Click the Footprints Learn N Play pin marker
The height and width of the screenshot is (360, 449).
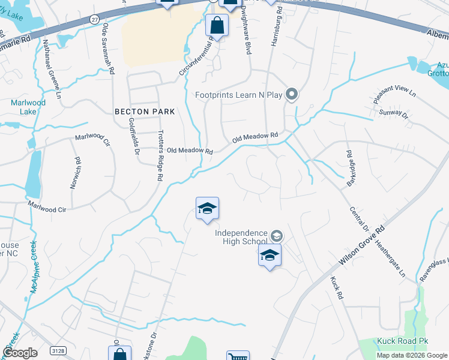pyautogui.click(x=292, y=94)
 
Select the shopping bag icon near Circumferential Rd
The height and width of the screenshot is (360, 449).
pyautogui.click(x=217, y=26)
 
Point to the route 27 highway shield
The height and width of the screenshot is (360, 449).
pyautogui.click(x=94, y=20)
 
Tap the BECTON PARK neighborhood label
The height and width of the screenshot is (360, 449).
pyautogui.click(x=145, y=112)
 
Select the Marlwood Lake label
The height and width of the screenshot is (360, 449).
pyautogui.click(x=28, y=107)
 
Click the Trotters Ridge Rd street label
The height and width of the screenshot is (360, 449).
pyautogui.click(x=160, y=156)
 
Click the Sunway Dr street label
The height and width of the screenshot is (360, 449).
pyautogui.click(x=393, y=113)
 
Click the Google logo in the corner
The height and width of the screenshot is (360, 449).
pyautogui.click(x=20, y=353)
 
